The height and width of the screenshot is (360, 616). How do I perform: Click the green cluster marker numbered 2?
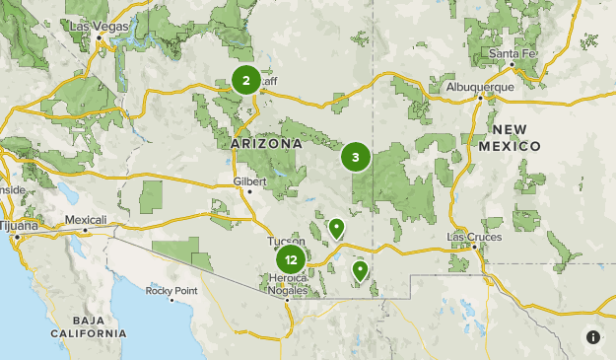[245, 81]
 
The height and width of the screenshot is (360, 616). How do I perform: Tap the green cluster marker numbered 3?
[356, 157]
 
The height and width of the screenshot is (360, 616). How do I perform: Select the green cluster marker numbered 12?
[290, 260]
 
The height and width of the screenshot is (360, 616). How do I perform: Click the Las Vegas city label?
[99, 27]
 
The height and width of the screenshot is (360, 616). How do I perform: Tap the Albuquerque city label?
[480, 86]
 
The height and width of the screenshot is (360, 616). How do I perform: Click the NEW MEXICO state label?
[516, 138]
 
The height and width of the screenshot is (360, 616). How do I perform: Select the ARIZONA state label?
[266, 144]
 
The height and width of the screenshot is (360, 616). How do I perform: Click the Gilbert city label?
[249, 181]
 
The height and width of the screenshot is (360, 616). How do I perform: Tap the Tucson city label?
[285, 241]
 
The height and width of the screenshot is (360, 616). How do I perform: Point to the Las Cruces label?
[474, 237]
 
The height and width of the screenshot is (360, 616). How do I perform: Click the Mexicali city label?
[85, 219]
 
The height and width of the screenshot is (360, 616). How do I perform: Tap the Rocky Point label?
[171, 291]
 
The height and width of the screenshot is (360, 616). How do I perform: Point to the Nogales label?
[289, 289]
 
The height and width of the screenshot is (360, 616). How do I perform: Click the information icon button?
[593, 337]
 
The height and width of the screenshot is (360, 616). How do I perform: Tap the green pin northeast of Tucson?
[336, 229]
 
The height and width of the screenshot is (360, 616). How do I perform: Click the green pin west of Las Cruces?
[360, 269]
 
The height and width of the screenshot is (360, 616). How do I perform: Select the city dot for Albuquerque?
[480, 98]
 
